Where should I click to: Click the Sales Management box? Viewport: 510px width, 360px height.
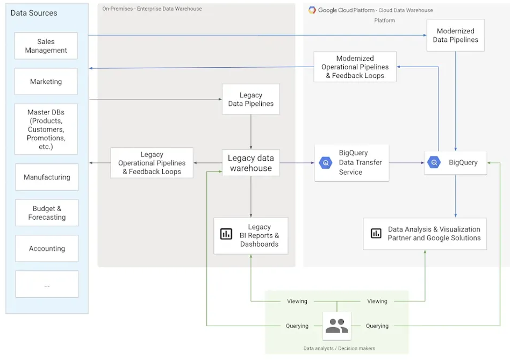[x=46, y=46]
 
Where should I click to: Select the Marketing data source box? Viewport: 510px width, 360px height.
[x=46, y=82]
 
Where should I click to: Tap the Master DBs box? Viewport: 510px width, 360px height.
[x=46, y=129]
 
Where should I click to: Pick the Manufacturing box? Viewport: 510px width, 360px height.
[x=47, y=177]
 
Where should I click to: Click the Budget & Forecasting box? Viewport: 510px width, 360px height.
[x=47, y=213]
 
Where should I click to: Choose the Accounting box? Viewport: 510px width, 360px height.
[x=47, y=249]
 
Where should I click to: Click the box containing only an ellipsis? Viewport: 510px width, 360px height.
[x=47, y=284]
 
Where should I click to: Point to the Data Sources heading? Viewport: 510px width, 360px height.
[x=34, y=13]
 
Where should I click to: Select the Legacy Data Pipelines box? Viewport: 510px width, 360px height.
[x=250, y=99]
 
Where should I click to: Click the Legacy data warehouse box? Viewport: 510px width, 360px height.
[x=250, y=163]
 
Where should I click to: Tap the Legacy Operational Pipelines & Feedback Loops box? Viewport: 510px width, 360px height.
[x=152, y=163]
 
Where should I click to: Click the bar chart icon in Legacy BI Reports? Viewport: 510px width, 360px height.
[x=226, y=234]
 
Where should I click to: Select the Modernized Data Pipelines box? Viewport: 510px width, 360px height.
[x=455, y=35]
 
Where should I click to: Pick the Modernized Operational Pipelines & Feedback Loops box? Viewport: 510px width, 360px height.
[x=355, y=67]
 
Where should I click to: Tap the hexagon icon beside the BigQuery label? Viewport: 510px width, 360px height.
[x=434, y=162]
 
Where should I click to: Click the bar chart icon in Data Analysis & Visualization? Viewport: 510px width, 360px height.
[x=376, y=234]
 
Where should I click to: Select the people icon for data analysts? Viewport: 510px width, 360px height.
[x=337, y=326]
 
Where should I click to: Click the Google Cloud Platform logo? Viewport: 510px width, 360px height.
[x=312, y=10]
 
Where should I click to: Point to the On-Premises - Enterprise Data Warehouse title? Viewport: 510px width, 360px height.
[x=152, y=9]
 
